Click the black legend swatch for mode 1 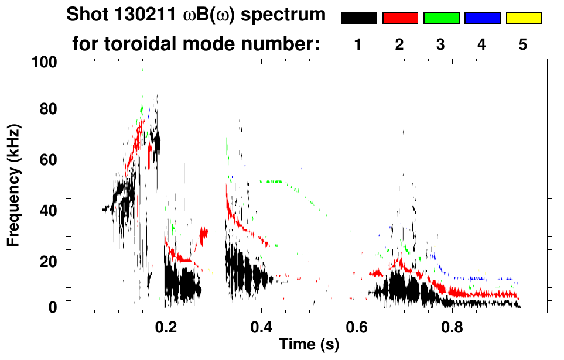(x=358, y=18)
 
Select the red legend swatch (x=400, y=18)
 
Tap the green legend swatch (x=441, y=18)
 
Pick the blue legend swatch (x=482, y=18)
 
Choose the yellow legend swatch (x=523, y=18)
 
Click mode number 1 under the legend (x=358, y=44)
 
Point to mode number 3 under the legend (x=440, y=44)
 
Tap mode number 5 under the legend (x=523, y=44)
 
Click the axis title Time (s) (x=309, y=345)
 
